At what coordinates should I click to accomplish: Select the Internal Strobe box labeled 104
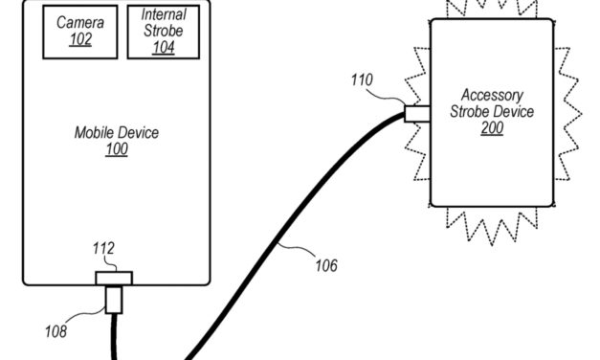point(164,32)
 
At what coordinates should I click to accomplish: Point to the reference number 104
point(164,47)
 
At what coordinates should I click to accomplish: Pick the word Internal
point(164,15)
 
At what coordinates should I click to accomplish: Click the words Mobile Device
point(117,133)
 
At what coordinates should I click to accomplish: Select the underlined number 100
point(117,150)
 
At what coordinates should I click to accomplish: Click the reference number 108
point(56,331)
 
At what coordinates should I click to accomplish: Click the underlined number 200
point(492,128)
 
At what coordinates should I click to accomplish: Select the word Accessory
point(492,95)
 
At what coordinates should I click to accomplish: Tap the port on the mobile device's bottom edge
point(114,277)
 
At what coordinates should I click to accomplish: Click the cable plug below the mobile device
point(114,300)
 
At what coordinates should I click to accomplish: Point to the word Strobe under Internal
point(164,31)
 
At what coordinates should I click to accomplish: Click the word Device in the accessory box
point(516,112)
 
